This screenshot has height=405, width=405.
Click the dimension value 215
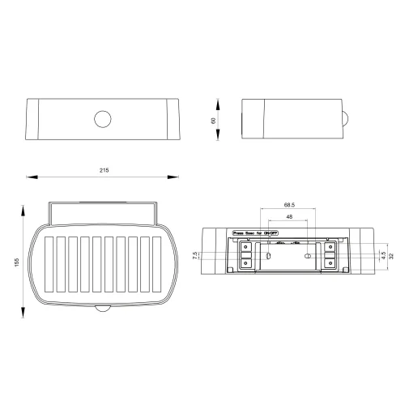point(104,170)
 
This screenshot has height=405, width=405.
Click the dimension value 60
point(212,120)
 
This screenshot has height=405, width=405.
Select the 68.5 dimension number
point(288,206)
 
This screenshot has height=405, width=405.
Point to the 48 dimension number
point(288,217)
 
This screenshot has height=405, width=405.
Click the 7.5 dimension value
point(197,256)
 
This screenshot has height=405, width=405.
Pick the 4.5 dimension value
point(382,255)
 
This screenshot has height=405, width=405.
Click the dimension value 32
point(392,255)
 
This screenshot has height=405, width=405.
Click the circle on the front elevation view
point(103,119)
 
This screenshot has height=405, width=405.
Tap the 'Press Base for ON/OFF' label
point(257,232)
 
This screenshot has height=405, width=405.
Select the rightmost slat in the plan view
point(158,266)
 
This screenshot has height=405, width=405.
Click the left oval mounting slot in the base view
point(269,255)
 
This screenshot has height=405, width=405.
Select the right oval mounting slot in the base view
point(308,255)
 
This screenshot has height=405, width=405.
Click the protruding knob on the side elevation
point(347,119)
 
